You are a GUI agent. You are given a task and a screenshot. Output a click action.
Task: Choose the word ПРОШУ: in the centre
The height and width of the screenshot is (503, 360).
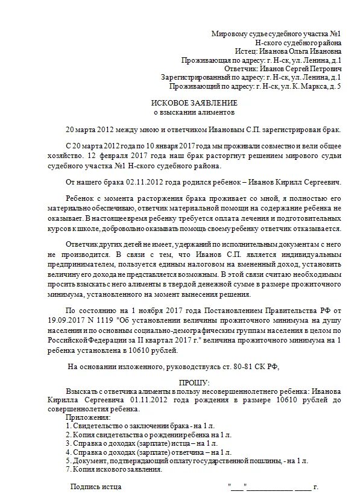[194, 383]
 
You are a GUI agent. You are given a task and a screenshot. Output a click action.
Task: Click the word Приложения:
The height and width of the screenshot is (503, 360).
[89, 417]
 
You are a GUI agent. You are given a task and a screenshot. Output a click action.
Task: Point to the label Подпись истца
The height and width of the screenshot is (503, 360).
[96, 486]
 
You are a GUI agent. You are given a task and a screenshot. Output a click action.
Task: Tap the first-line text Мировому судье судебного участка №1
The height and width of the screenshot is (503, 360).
[277, 35]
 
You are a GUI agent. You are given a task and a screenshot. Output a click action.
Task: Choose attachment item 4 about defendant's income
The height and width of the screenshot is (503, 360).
[149, 451]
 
